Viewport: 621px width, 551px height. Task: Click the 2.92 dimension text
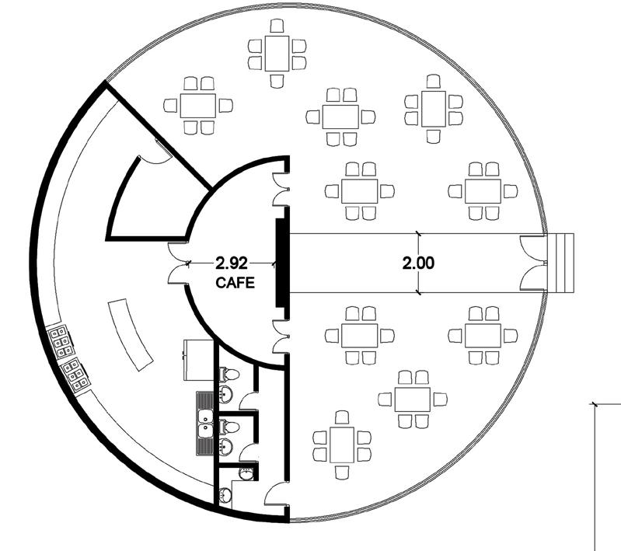tap(232, 263)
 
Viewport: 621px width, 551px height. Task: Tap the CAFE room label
tap(235, 284)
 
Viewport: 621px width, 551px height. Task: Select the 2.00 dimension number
tap(418, 263)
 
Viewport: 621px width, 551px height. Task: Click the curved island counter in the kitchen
tap(128, 334)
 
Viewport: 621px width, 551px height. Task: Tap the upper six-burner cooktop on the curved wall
tap(60, 339)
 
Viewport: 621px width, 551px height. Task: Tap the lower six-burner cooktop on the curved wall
tap(74, 375)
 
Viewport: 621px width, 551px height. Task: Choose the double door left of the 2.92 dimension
tap(179, 263)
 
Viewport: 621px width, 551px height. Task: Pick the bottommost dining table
tap(342, 443)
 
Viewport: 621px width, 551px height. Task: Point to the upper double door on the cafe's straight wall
tap(280, 188)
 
